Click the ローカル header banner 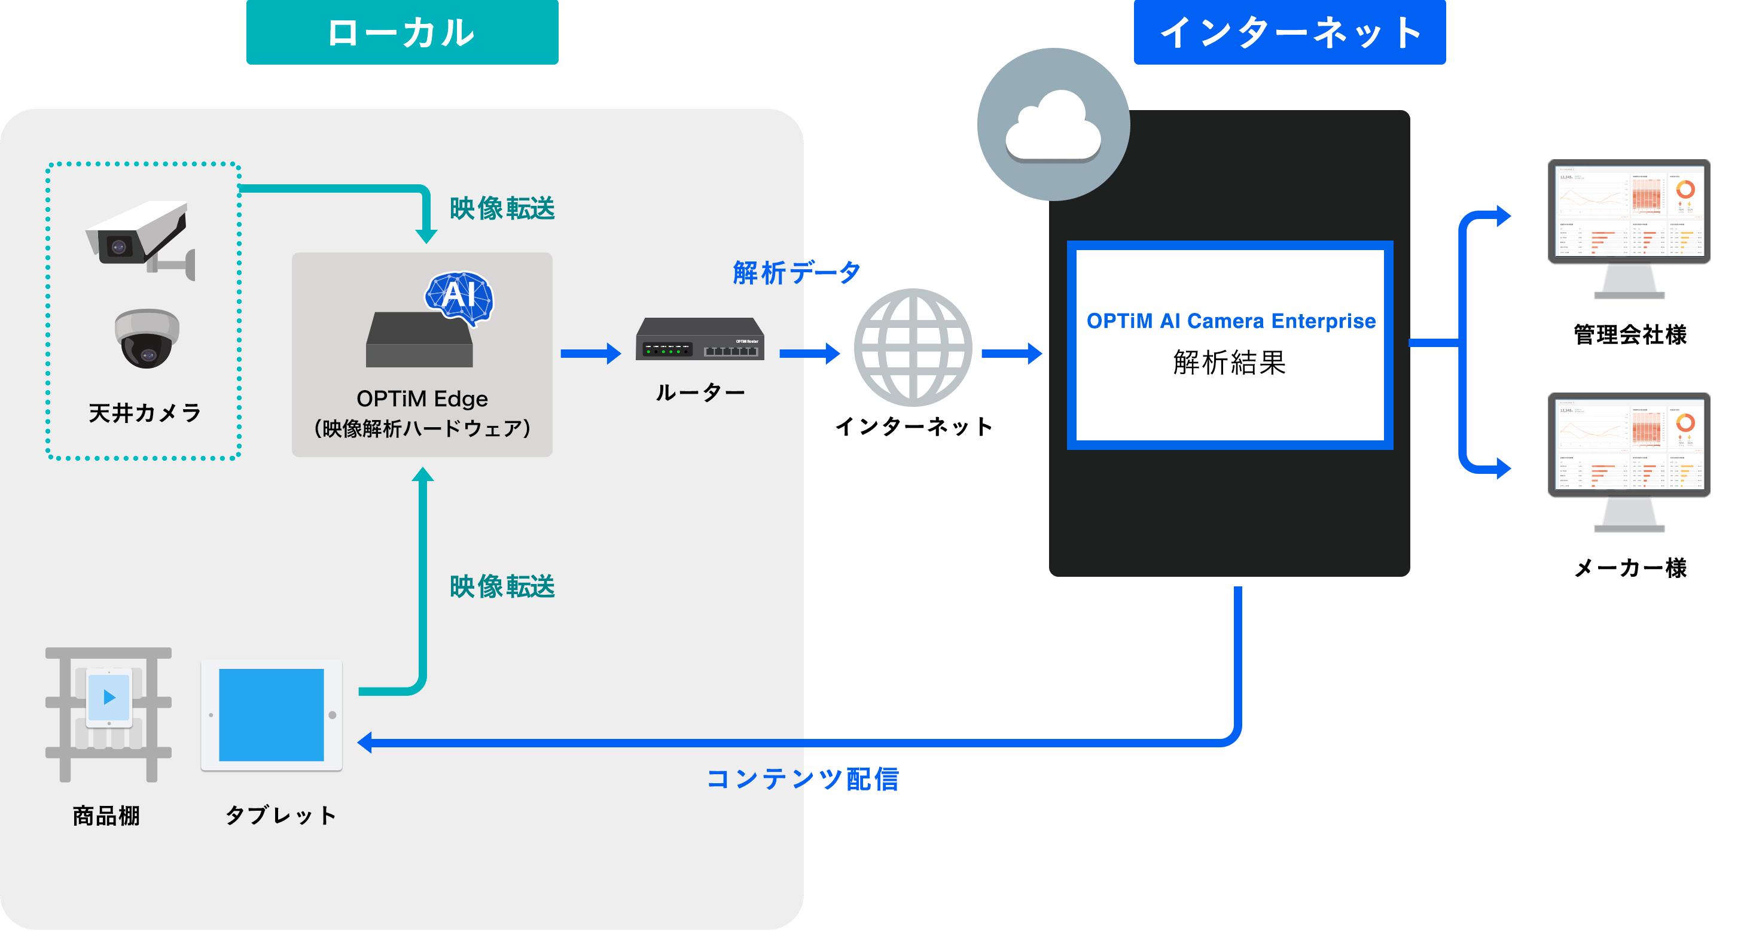coord(402,32)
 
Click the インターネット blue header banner coord(1289,32)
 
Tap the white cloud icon coord(1053,127)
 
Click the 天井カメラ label coord(145,413)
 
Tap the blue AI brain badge coord(459,296)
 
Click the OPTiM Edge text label coord(422,398)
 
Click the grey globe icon coord(913,347)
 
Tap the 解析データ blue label coord(795,273)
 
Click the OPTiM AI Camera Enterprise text coord(1230,321)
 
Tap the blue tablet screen coord(272,715)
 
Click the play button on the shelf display coord(109,697)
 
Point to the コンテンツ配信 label coord(802,778)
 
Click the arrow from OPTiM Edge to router coord(590,353)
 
